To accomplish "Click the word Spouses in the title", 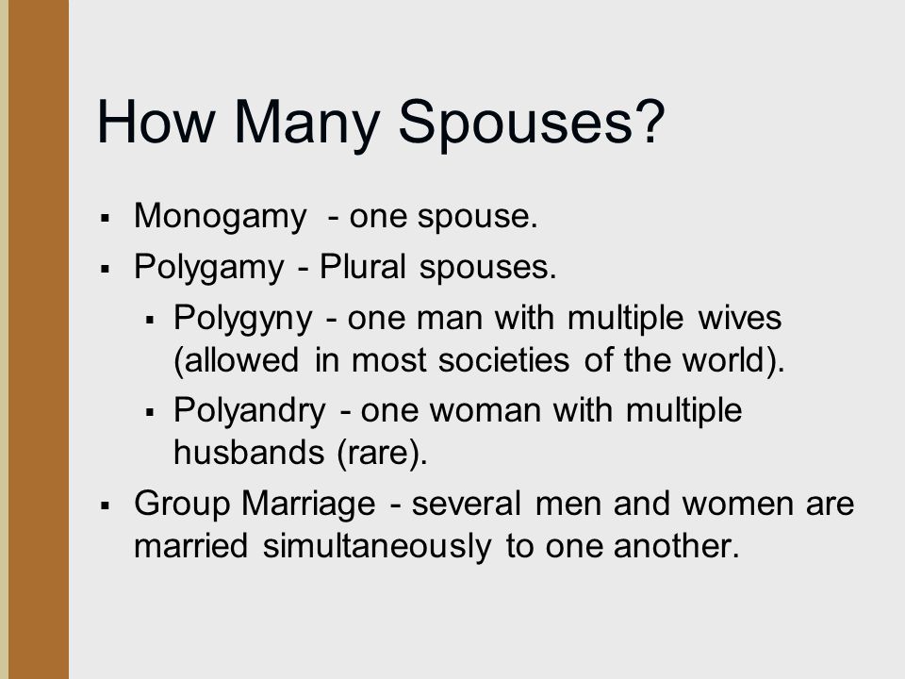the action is tap(516, 123).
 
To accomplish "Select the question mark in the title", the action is tap(650, 120).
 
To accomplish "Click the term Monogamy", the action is tap(220, 218).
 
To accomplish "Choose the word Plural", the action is tap(362, 267).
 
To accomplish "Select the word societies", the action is tap(503, 360).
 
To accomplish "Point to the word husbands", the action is tap(249, 452).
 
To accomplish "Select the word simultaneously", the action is tap(377, 546).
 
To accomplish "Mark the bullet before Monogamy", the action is tap(105, 218).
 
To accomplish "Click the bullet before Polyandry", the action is tap(150, 412).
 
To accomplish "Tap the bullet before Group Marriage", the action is tap(105, 505).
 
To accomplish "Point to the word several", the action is tap(467, 504).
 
